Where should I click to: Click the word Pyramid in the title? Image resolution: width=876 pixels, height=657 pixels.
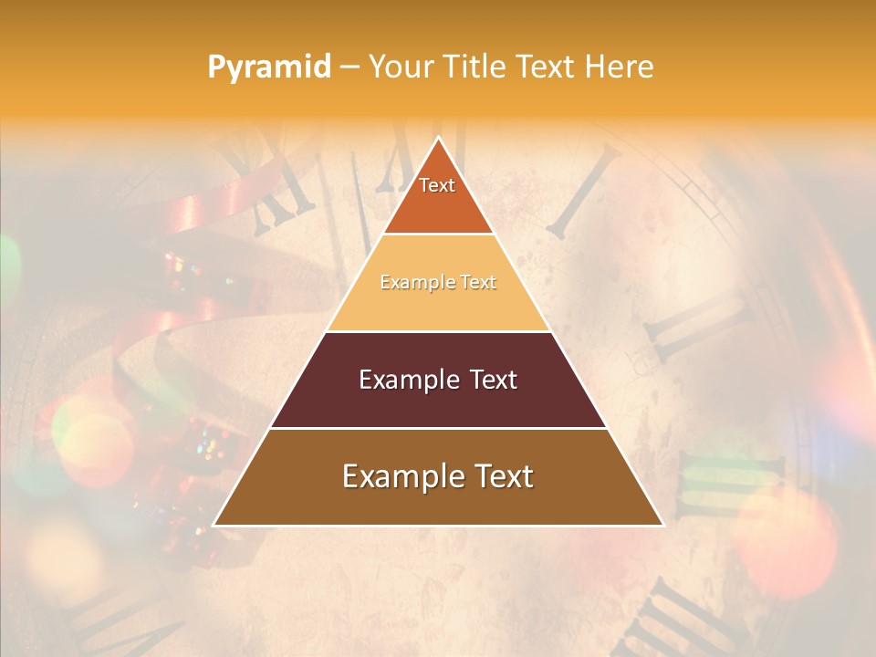268,68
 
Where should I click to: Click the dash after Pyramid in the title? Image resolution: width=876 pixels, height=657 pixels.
349,68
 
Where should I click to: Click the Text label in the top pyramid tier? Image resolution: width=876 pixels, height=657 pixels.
437,185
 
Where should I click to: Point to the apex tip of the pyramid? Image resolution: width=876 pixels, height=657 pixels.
438,139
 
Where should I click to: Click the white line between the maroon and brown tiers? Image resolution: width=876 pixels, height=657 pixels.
438,428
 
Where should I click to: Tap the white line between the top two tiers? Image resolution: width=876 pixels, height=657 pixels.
438,235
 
